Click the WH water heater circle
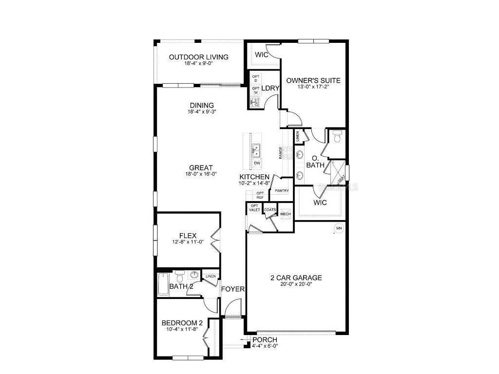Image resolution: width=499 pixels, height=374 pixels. click(x=339, y=227)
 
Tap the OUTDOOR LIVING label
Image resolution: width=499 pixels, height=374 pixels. click(x=198, y=57)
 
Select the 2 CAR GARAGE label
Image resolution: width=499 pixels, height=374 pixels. click(x=296, y=278)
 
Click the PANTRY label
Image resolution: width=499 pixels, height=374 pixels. click(x=282, y=191)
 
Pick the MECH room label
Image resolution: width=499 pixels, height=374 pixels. click(x=285, y=214)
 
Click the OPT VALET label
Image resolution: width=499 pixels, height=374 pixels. click(x=254, y=208)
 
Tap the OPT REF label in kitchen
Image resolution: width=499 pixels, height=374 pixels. click(x=260, y=195)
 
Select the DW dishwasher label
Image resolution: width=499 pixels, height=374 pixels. click(x=257, y=163)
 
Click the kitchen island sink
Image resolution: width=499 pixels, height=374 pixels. click(x=256, y=149)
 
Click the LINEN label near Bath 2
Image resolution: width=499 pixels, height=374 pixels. click(x=211, y=276)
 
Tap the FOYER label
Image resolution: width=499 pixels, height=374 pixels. click(x=232, y=289)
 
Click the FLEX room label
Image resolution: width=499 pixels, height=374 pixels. click(x=188, y=236)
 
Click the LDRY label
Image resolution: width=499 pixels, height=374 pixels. click(x=270, y=88)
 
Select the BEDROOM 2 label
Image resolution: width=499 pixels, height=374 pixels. click(x=182, y=323)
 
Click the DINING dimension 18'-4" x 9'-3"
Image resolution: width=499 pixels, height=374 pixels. click(x=201, y=112)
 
